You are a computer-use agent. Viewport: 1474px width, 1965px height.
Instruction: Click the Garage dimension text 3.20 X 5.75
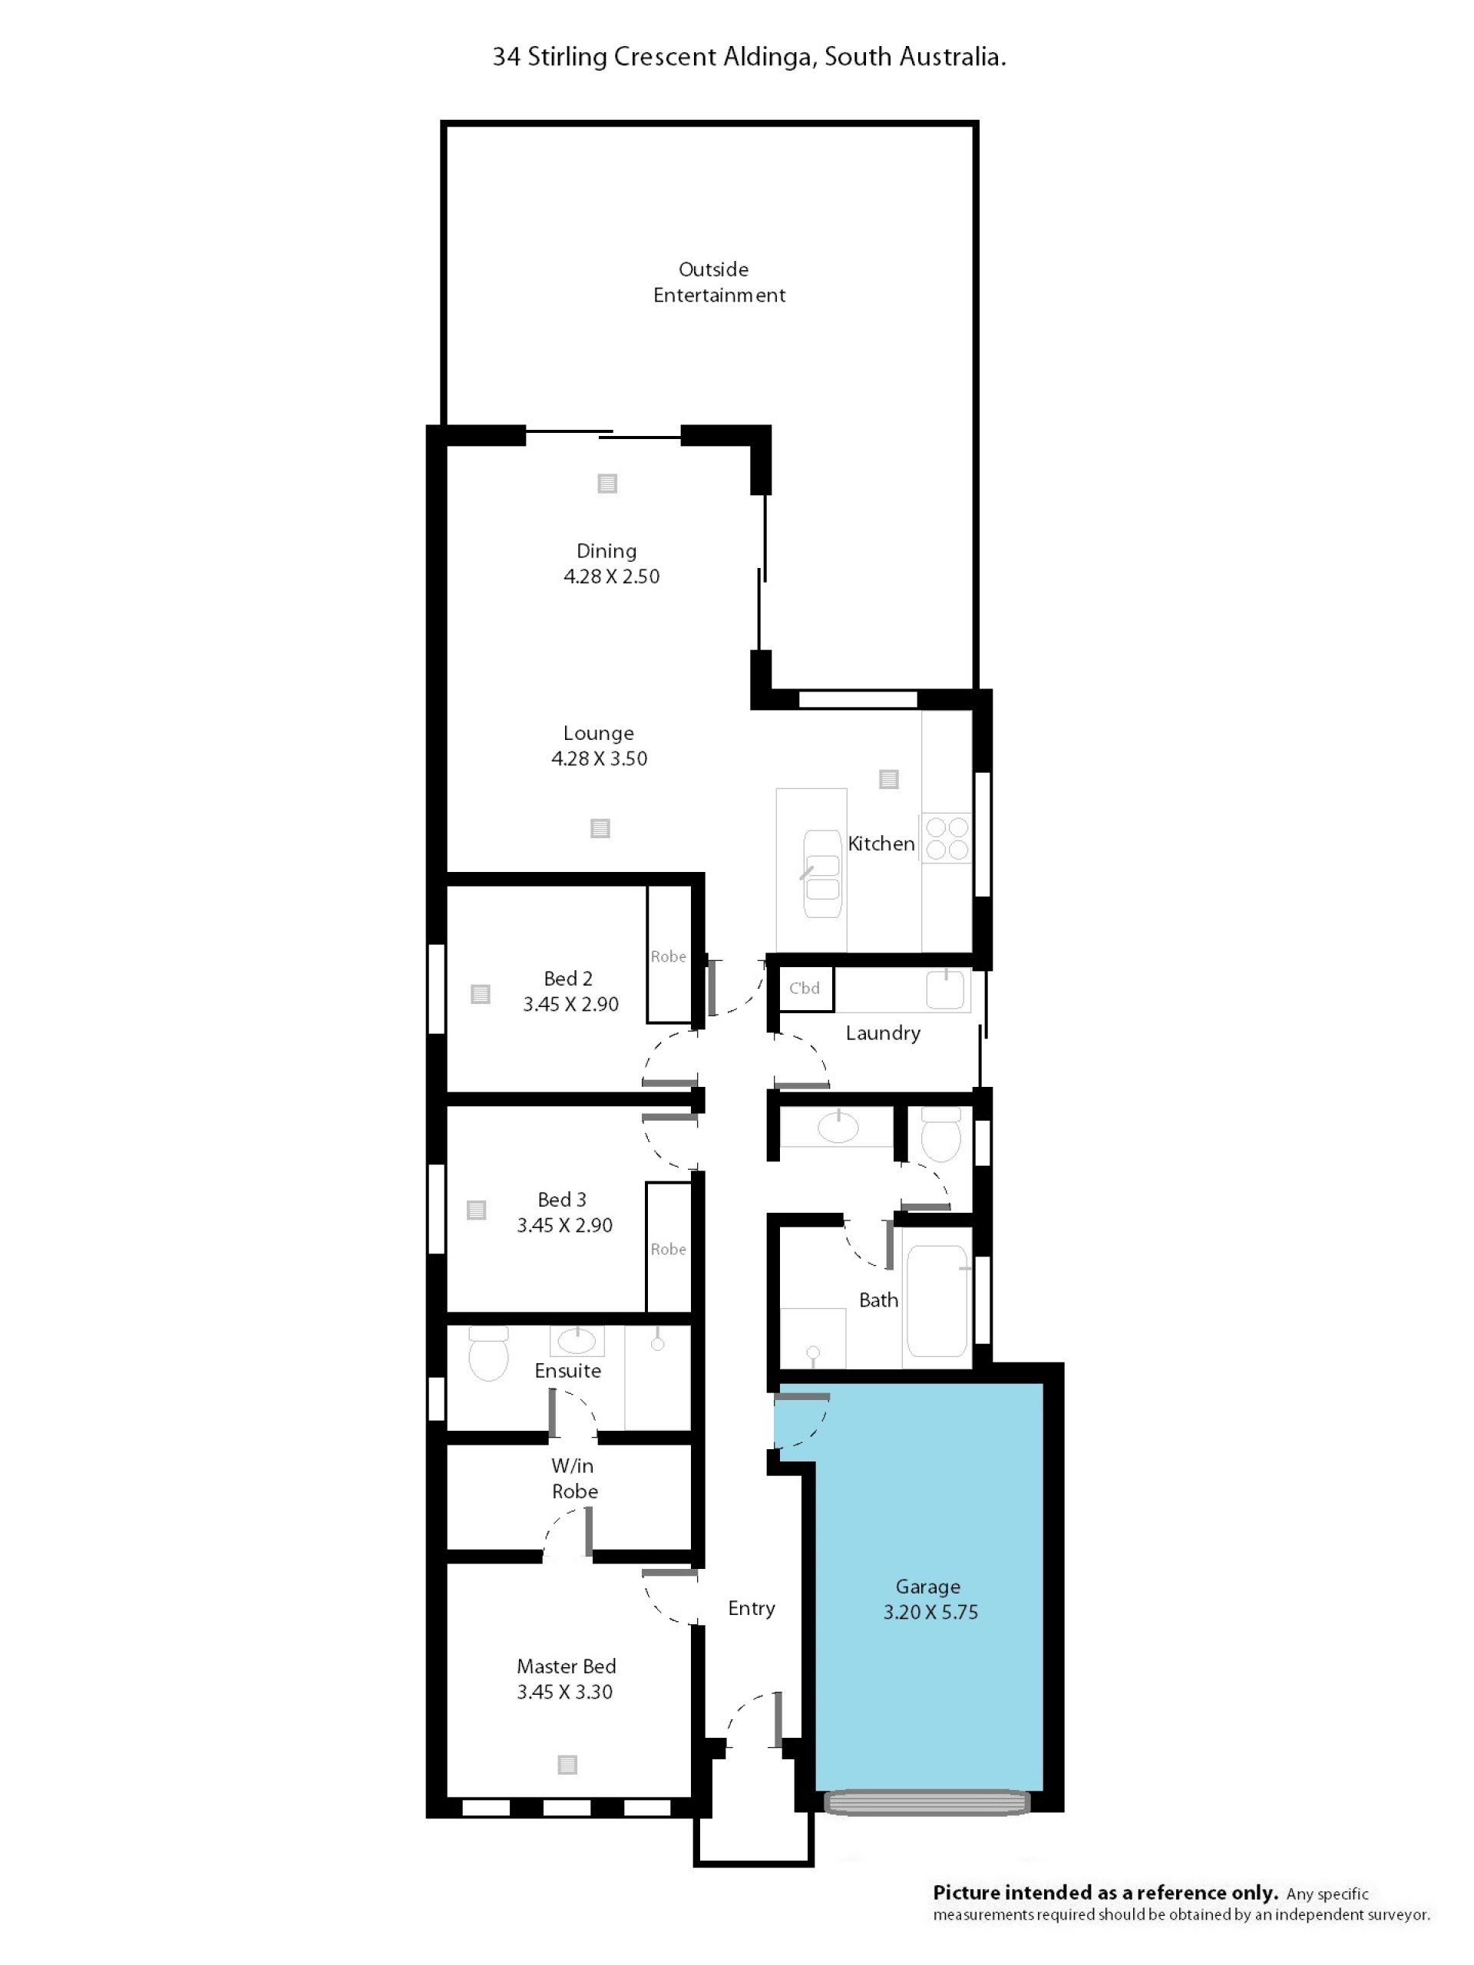click(930, 1613)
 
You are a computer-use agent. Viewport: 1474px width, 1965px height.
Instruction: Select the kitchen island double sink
click(822, 874)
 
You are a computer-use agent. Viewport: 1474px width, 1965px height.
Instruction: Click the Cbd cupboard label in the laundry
click(804, 988)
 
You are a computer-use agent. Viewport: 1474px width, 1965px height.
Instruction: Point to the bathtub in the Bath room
click(937, 1301)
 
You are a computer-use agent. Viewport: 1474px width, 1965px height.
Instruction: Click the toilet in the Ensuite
click(487, 1353)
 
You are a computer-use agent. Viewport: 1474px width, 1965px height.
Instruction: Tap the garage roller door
click(927, 1802)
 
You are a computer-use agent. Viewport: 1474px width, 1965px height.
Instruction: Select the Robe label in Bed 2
click(668, 956)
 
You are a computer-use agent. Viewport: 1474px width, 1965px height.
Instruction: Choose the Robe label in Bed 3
click(668, 1249)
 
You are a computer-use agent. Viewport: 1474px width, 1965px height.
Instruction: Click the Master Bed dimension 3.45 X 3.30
click(565, 1693)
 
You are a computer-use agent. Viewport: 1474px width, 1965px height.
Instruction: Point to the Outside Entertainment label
click(719, 282)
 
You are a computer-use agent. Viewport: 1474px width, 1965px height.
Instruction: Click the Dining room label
click(606, 551)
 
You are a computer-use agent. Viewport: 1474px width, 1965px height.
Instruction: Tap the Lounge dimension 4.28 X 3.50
click(600, 758)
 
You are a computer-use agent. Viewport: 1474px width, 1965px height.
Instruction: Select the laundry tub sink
click(945, 989)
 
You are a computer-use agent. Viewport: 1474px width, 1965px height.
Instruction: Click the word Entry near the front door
click(752, 1608)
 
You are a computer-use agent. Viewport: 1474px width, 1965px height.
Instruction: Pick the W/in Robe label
click(574, 1478)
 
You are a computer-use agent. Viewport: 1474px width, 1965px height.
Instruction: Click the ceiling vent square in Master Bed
click(567, 1765)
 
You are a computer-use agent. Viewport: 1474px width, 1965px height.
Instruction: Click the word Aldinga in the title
click(768, 58)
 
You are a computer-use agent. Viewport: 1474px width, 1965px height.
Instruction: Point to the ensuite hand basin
click(577, 1340)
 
